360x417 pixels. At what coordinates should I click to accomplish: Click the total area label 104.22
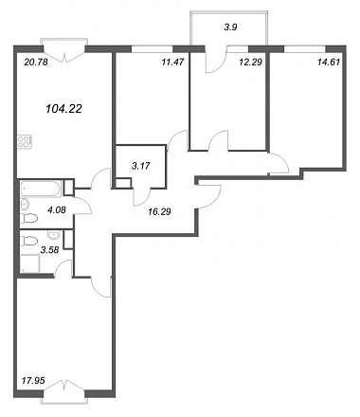(63, 109)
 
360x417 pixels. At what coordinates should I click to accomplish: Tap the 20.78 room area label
(36, 63)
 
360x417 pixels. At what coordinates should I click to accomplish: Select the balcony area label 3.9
(230, 27)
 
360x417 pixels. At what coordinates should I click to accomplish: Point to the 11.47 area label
(172, 63)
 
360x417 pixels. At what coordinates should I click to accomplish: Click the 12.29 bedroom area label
(251, 63)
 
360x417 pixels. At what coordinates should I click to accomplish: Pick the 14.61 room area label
(329, 63)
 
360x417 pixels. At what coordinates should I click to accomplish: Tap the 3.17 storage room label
(141, 165)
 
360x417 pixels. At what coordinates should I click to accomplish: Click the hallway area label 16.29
(159, 211)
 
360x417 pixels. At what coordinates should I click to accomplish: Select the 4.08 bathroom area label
(57, 209)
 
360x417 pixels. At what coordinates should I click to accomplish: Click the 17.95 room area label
(33, 381)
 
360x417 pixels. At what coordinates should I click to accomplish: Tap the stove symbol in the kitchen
(24, 142)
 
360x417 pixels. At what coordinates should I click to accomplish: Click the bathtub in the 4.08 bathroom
(41, 189)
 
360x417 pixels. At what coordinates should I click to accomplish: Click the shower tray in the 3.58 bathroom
(30, 263)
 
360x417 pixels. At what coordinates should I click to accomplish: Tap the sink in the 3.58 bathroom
(54, 234)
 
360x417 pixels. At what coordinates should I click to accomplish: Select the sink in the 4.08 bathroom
(25, 205)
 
